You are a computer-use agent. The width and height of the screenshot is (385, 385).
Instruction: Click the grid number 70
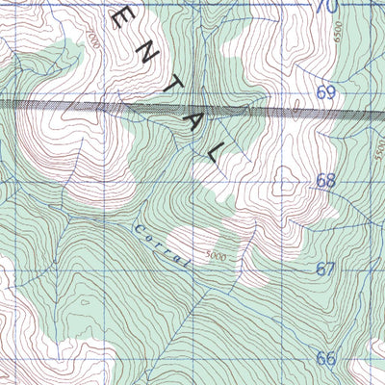coord(327,7)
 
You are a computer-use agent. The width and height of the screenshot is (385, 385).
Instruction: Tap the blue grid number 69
coord(325,93)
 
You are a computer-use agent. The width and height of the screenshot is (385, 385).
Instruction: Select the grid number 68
coord(325,180)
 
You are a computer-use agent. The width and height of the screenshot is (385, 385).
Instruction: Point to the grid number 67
coord(325,269)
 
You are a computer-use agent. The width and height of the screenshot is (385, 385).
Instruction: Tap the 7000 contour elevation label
coord(91,39)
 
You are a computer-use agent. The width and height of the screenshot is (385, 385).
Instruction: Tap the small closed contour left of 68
coord(286,177)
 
